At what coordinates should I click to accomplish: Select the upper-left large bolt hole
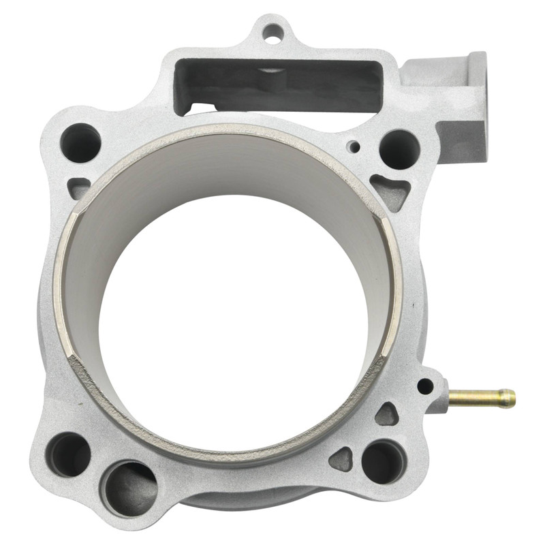point(80,142)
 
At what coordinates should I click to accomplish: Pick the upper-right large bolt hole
point(399,149)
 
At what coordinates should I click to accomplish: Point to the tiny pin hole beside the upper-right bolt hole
point(354,145)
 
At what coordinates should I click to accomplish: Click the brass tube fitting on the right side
point(481,396)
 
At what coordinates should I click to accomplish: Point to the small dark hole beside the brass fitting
point(425,387)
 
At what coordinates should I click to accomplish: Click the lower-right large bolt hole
point(382,461)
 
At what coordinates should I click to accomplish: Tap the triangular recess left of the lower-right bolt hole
point(341,459)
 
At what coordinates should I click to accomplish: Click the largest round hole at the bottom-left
point(129,488)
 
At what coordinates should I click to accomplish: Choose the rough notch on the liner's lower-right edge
point(378,364)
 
